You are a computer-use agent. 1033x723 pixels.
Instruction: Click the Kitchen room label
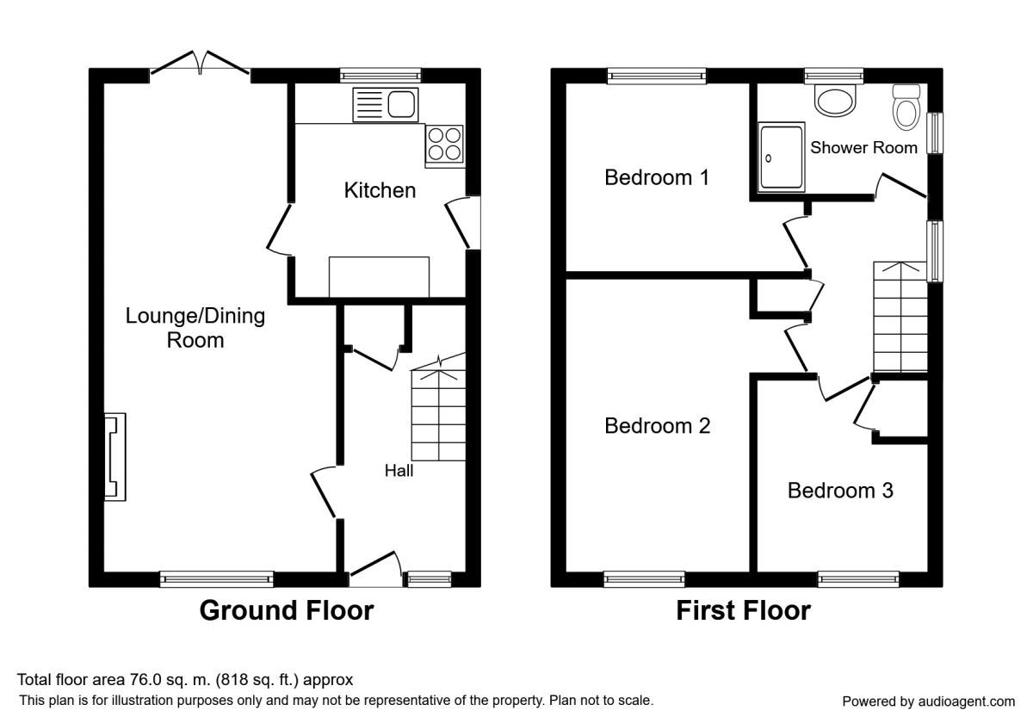pos(380,190)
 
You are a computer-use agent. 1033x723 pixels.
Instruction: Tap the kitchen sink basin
pos(401,104)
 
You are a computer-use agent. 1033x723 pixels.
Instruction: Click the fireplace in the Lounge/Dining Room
pos(115,456)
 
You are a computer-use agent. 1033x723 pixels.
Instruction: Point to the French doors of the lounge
pos(200,65)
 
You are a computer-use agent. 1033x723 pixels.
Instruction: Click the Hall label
pos(399,471)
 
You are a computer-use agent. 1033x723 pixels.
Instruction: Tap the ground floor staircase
pos(438,411)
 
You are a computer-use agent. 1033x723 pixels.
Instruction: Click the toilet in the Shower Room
pos(906,107)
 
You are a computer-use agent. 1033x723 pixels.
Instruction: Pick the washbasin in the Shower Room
pos(835,100)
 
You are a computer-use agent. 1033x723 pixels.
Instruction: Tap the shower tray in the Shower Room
pos(782,157)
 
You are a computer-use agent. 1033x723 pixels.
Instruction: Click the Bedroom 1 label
pos(656,177)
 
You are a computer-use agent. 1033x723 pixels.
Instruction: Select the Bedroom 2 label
pos(657,425)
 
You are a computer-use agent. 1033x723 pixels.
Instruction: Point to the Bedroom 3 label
pos(840,490)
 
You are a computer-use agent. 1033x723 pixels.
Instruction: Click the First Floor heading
pos(744,610)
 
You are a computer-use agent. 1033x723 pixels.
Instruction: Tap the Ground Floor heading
pos(287,610)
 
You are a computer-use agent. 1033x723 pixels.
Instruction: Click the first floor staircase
pos(900,317)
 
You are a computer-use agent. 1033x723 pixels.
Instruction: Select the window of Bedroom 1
pos(657,76)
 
